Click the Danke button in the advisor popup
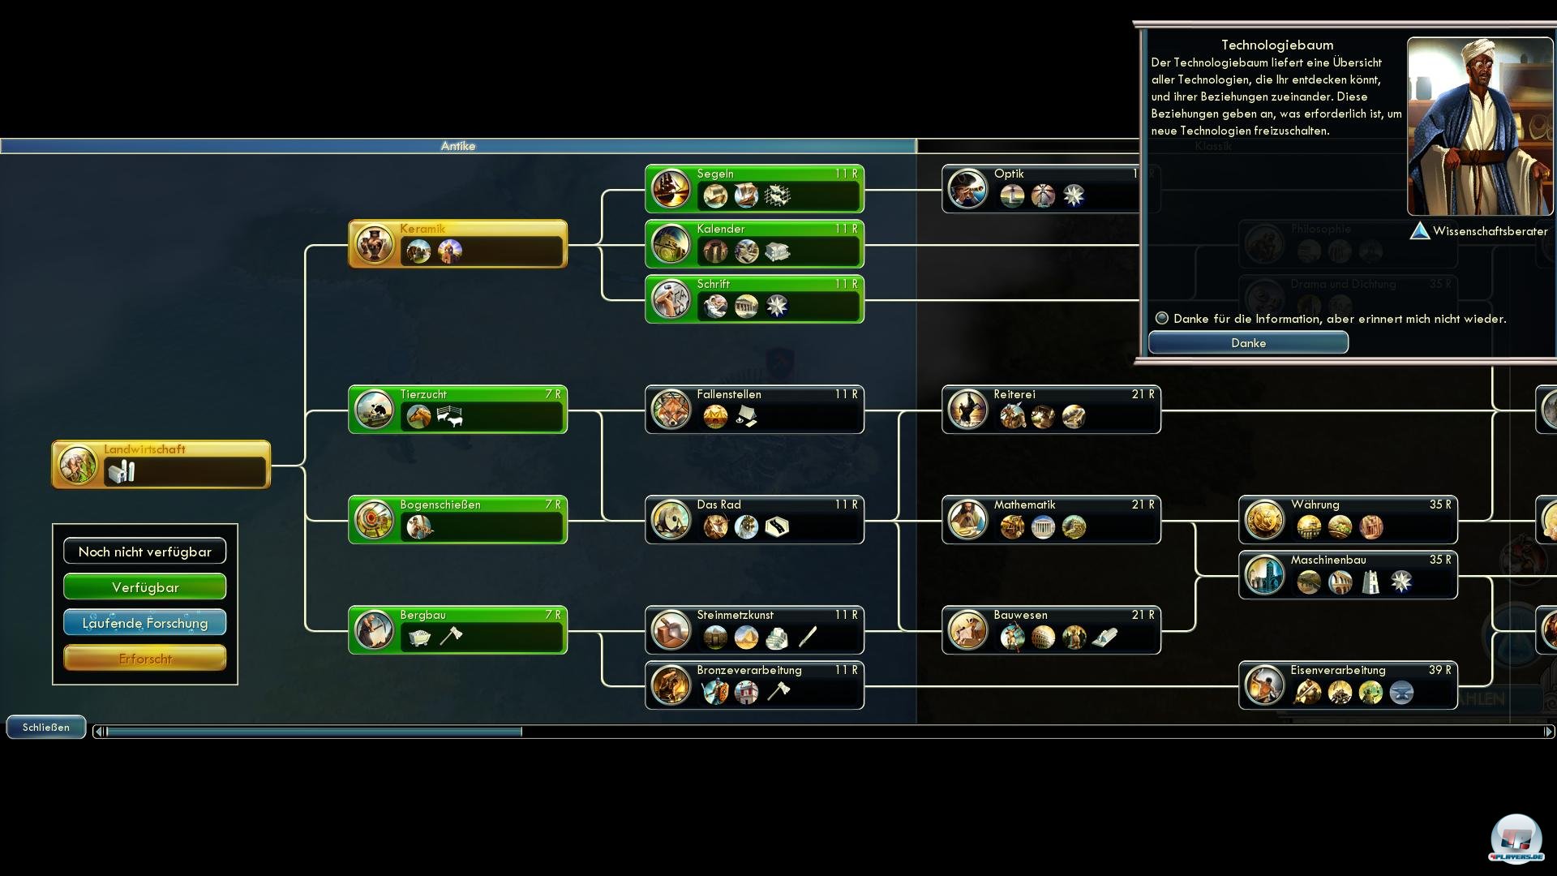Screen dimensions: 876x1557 click(1248, 343)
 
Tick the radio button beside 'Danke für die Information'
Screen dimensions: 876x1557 click(1162, 318)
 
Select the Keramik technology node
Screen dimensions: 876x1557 click(457, 243)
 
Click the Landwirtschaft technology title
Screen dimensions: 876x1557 click(144, 449)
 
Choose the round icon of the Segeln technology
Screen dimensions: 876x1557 click(671, 189)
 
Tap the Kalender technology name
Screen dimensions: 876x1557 click(721, 229)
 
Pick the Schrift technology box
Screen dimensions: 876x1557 click(754, 299)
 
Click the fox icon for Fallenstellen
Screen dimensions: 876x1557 click(671, 410)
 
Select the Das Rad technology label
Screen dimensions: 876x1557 click(718, 505)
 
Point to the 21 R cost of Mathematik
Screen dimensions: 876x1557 click(1143, 505)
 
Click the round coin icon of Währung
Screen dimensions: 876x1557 click(1264, 520)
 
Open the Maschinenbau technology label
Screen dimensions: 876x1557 click(1328, 560)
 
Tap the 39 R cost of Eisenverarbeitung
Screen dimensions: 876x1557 click(1439, 670)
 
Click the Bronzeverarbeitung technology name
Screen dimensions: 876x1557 click(749, 670)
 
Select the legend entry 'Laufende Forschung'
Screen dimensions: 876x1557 click(145, 623)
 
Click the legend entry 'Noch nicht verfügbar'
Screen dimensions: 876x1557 click(145, 552)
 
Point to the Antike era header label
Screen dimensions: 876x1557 click(458, 146)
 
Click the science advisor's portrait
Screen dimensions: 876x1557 click(1479, 127)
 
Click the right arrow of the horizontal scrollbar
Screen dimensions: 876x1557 click(1548, 732)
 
